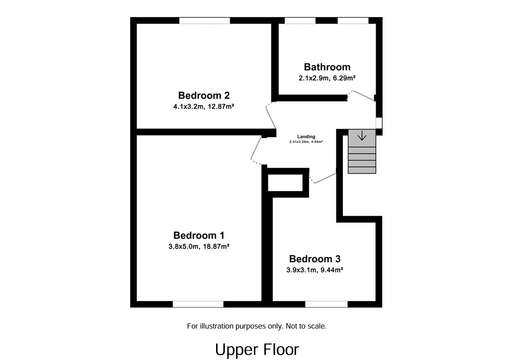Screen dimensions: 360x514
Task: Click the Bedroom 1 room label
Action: coord(199,235)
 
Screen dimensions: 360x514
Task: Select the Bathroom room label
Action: coord(327,67)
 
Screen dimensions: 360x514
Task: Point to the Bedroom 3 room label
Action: coord(314,259)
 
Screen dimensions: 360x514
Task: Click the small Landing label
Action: coord(306,137)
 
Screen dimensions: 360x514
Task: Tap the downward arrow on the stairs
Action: coord(362,137)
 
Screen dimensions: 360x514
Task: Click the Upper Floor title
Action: coord(257,349)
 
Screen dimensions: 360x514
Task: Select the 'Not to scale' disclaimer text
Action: coord(257,326)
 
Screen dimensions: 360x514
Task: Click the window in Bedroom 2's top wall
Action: coord(204,20)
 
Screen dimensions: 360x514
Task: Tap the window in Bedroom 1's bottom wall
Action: coord(198,304)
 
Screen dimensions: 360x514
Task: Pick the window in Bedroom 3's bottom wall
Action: coord(326,304)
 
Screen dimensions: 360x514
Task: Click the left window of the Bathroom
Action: coord(300,20)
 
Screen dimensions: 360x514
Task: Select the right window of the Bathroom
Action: coord(353,20)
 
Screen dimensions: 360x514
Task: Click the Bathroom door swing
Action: coord(362,95)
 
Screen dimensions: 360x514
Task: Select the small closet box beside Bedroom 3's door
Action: coord(285,182)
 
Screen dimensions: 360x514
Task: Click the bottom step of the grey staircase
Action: coord(362,170)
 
